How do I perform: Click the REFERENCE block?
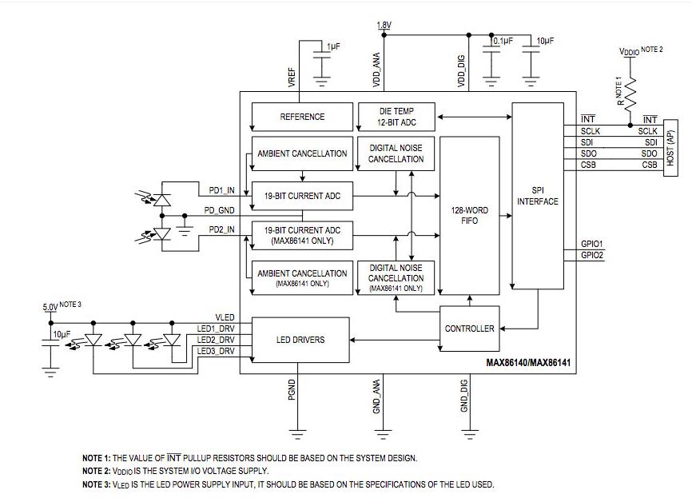point(302,117)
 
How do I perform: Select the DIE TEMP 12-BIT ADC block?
point(396,117)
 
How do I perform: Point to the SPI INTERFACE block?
point(537,196)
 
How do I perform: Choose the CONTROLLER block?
point(469,329)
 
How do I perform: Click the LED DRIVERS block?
point(300,340)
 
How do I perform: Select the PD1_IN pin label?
point(221,190)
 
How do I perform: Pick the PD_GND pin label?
point(220,210)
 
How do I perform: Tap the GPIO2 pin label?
point(592,255)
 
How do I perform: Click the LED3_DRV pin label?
point(216,351)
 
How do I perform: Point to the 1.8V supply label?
point(384,26)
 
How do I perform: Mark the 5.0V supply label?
point(50,306)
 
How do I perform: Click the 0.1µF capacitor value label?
point(503,40)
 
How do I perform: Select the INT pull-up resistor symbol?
point(630,94)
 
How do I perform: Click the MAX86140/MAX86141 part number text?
point(528,362)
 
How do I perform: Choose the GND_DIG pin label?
point(463,396)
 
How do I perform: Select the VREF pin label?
point(291,76)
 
